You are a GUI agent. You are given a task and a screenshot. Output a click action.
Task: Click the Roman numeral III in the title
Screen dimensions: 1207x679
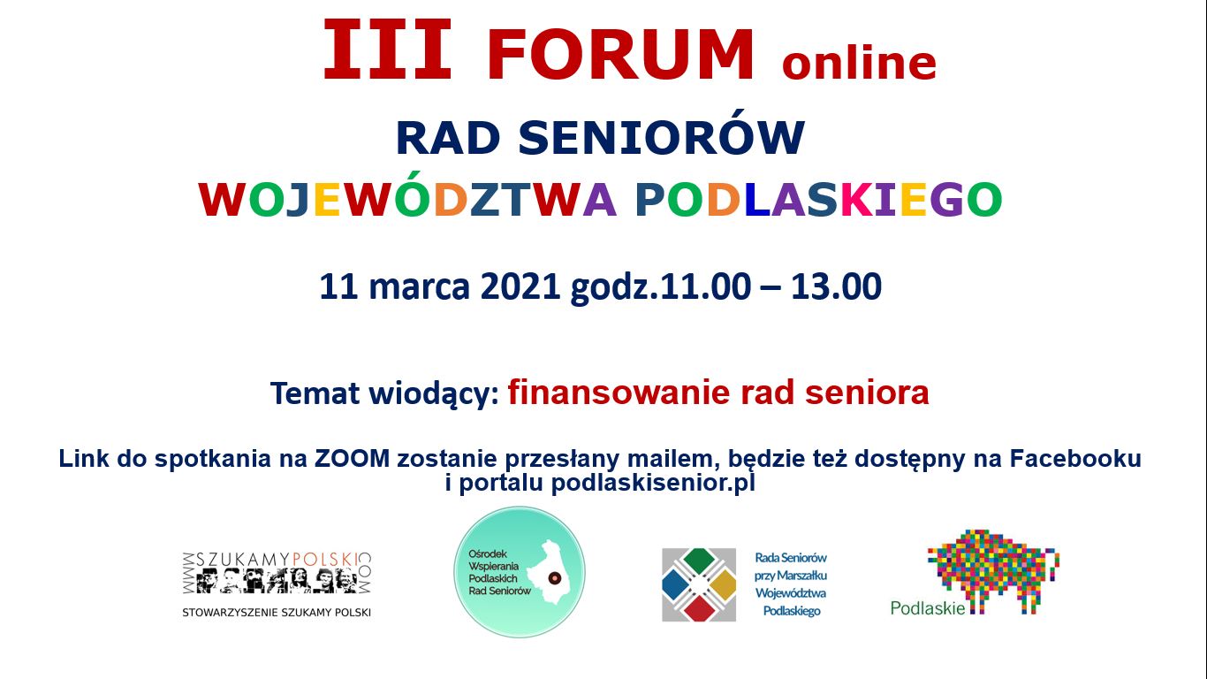coord(386,50)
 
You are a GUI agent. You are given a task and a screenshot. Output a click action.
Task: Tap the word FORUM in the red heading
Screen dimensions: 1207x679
coord(620,55)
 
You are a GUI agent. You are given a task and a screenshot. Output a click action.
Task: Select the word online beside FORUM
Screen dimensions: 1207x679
coord(859,63)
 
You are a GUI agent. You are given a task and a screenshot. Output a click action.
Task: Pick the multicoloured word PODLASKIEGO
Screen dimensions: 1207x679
coord(818,199)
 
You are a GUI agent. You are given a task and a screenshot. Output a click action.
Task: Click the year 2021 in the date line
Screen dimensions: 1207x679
coord(520,286)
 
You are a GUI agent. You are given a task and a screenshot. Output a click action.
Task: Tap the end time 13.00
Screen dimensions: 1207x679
coord(836,286)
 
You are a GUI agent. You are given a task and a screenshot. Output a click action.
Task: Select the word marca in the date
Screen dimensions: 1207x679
coord(419,287)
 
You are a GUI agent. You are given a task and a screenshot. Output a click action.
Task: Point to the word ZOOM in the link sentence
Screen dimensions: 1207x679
coord(352,459)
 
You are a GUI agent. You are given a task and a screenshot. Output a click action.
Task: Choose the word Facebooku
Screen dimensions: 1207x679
coord(1075,459)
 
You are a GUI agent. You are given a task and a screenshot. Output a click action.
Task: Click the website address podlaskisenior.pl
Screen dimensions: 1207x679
coord(653,483)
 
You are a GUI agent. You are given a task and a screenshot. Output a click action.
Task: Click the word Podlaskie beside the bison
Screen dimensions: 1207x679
coord(928,608)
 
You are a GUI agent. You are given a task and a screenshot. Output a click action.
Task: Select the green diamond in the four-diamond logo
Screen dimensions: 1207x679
coord(699,561)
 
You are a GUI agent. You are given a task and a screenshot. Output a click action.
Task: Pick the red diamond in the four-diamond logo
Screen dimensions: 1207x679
coord(699,607)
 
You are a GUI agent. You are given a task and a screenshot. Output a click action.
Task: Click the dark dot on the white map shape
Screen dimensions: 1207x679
coord(554,578)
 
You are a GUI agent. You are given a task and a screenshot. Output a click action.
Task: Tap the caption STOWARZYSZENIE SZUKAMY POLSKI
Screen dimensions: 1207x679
coord(277,613)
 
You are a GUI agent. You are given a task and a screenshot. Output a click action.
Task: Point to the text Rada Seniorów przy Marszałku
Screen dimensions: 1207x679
coord(791,567)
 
